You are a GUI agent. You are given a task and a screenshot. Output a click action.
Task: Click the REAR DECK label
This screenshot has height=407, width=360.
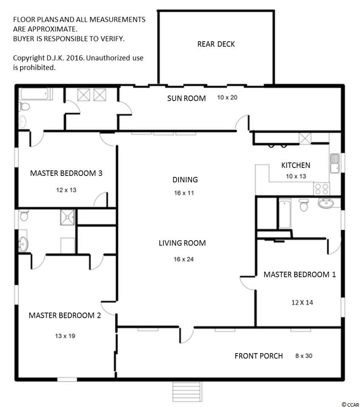216,44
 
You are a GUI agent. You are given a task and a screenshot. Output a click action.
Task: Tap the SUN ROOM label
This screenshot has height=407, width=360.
186,98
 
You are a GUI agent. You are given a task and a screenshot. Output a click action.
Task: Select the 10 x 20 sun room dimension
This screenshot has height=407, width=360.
227,98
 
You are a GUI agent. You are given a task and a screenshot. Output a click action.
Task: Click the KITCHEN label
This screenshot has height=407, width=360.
296,165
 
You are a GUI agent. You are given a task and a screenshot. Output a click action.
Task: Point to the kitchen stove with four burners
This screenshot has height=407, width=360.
321,189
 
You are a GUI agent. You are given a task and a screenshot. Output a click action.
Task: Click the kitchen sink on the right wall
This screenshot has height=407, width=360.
335,163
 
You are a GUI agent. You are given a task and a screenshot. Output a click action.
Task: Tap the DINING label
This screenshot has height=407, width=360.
185,180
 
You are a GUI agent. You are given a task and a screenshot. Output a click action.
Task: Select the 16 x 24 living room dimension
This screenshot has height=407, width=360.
184,259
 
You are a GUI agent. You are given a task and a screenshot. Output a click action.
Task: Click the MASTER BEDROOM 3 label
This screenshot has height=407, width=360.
66,173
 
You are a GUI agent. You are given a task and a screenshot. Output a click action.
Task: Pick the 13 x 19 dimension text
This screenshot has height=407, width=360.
65,336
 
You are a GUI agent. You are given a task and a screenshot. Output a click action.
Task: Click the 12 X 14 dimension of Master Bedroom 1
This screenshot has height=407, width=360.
302,303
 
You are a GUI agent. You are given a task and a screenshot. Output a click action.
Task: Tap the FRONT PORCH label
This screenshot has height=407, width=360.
259,356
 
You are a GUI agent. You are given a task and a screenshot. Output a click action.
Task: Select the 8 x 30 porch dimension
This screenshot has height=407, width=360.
304,356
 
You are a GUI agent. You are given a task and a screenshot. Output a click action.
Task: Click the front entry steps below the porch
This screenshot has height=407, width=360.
187,391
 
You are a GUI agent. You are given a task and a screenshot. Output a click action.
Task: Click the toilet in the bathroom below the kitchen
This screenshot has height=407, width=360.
304,205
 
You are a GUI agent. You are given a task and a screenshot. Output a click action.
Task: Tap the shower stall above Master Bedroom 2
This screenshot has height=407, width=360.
67,217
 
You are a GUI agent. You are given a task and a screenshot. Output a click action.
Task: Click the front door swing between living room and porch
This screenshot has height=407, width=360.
187,335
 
